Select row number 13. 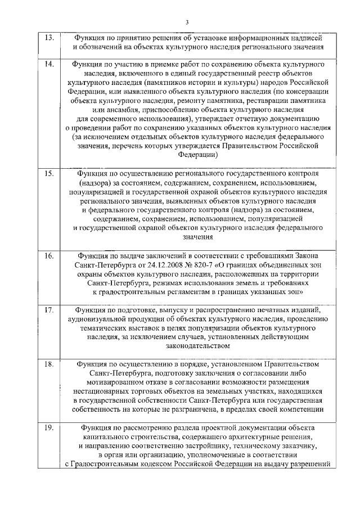(49, 38)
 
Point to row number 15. (49, 173)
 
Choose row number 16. (49, 255)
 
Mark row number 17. (49, 310)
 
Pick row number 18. (49, 364)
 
